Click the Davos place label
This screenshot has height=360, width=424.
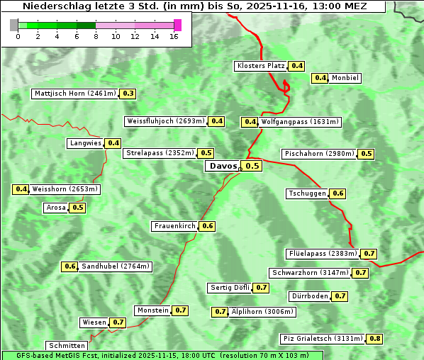pyautogui.click(x=223, y=166)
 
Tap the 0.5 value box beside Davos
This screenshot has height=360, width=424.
pyautogui.click(x=252, y=166)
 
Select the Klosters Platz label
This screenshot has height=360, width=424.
pyautogui.click(x=260, y=66)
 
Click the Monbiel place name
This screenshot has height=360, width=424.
pyautogui.click(x=345, y=78)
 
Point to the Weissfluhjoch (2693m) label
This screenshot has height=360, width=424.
pyautogui.click(x=166, y=121)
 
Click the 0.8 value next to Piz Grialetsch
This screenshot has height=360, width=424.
pyautogui.click(x=375, y=339)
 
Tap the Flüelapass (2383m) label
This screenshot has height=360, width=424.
pyautogui.click(x=323, y=254)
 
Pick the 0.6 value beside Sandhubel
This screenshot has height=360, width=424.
pyautogui.click(x=69, y=266)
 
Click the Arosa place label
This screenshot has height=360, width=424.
pyautogui.click(x=56, y=208)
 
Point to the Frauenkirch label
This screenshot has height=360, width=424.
pyautogui.click(x=174, y=226)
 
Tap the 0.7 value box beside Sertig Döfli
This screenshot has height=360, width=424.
pyautogui.click(x=262, y=288)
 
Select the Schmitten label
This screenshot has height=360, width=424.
pyautogui.click(x=67, y=346)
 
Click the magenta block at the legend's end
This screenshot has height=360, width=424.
pyautogui.click(x=177, y=25)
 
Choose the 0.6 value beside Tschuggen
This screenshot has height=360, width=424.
pyautogui.click(x=338, y=193)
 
